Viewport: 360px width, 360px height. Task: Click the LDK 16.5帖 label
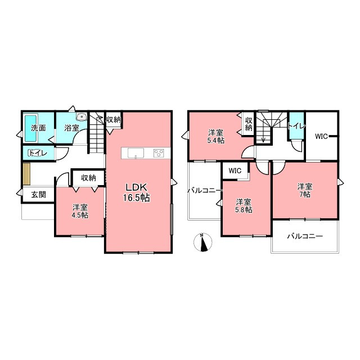click(x=137, y=192)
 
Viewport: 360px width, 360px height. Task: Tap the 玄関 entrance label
click(x=39, y=195)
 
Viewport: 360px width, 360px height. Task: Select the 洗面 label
click(x=38, y=128)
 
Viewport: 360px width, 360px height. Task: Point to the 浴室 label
click(x=71, y=128)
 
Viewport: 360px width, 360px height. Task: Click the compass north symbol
click(x=203, y=242)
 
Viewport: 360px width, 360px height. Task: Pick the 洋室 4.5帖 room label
click(x=80, y=211)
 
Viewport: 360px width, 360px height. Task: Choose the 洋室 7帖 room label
click(x=305, y=190)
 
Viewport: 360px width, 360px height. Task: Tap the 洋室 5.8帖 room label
click(x=244, y=206)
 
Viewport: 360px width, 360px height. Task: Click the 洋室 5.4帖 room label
click(x=216, y=137)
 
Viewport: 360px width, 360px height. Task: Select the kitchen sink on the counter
click(x=136, y=153)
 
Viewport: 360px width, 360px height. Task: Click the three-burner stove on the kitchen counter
click(x=159, y=153)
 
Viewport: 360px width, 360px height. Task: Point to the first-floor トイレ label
click(x=38, y=153)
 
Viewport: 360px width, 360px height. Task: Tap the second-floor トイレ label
click(x=296, y=126)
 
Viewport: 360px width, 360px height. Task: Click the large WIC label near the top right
click(x=321, y=137)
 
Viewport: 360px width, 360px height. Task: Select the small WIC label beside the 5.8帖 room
click(x=235, y=171)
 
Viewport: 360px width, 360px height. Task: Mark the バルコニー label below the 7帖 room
click(x=305, y=236)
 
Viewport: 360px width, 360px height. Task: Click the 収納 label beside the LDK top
click(x=113, y=120)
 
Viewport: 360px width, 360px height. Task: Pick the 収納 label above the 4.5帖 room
click(x=88, y=178)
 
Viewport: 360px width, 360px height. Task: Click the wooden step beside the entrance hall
click(x=27, y=174)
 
